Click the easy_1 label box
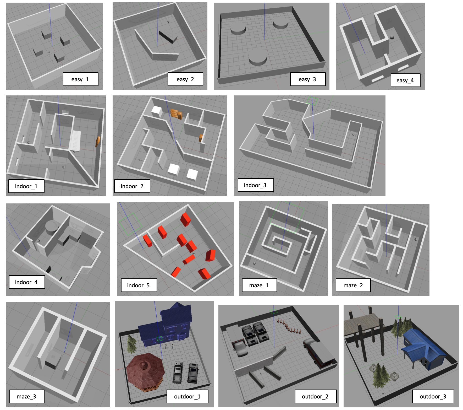point(80,79)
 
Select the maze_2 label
point(353,285)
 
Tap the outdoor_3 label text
point(433,396)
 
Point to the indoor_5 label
point(139,285)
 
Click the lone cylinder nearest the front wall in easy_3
point(258,58)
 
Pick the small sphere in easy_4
point(392,37)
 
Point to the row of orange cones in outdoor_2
point(289,326)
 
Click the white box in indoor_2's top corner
point(157,110)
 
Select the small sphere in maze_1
point(254,263)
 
